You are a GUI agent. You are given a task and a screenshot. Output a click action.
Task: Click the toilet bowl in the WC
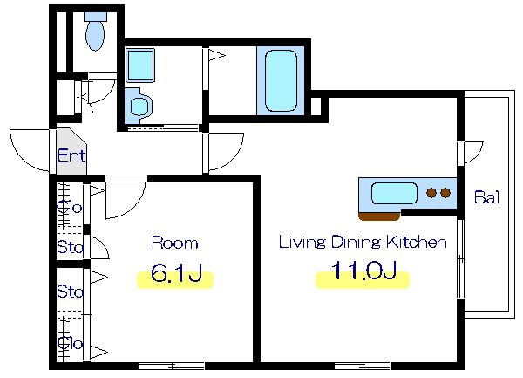(95, 35)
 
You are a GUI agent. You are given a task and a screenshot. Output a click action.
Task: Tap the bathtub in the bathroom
(281, 80)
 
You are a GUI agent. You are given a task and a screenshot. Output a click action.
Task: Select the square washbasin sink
(140, 65)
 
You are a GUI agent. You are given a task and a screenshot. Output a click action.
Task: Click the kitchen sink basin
(394, 193)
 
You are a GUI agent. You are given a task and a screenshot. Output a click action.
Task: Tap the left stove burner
(431, 193)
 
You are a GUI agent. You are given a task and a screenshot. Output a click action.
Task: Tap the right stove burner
(445, 193)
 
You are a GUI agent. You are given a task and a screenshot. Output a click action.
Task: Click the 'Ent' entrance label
(71, 155)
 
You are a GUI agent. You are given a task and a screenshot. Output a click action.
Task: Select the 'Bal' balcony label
(486, 197)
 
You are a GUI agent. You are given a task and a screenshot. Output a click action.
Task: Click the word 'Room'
(175, 243)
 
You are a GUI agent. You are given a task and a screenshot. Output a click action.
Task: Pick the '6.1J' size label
(176, 273)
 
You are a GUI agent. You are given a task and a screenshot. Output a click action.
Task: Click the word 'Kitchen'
(417, 242)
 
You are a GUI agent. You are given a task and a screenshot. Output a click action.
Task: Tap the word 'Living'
(302, 243)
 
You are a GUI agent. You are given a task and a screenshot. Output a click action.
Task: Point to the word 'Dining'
(356, 243)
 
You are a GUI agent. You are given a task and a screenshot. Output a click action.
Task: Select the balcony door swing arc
(476, 155)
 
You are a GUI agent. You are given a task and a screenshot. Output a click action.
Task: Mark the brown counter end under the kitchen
(379, 216)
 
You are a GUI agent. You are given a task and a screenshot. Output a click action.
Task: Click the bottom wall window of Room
(172, 366)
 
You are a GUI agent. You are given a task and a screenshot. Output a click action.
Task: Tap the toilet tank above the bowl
(95, 17)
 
